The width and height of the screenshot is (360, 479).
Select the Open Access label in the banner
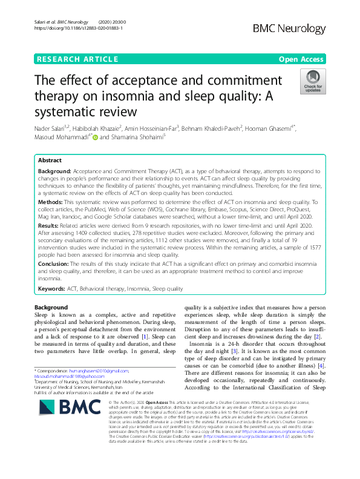click(x=302, y=59)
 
